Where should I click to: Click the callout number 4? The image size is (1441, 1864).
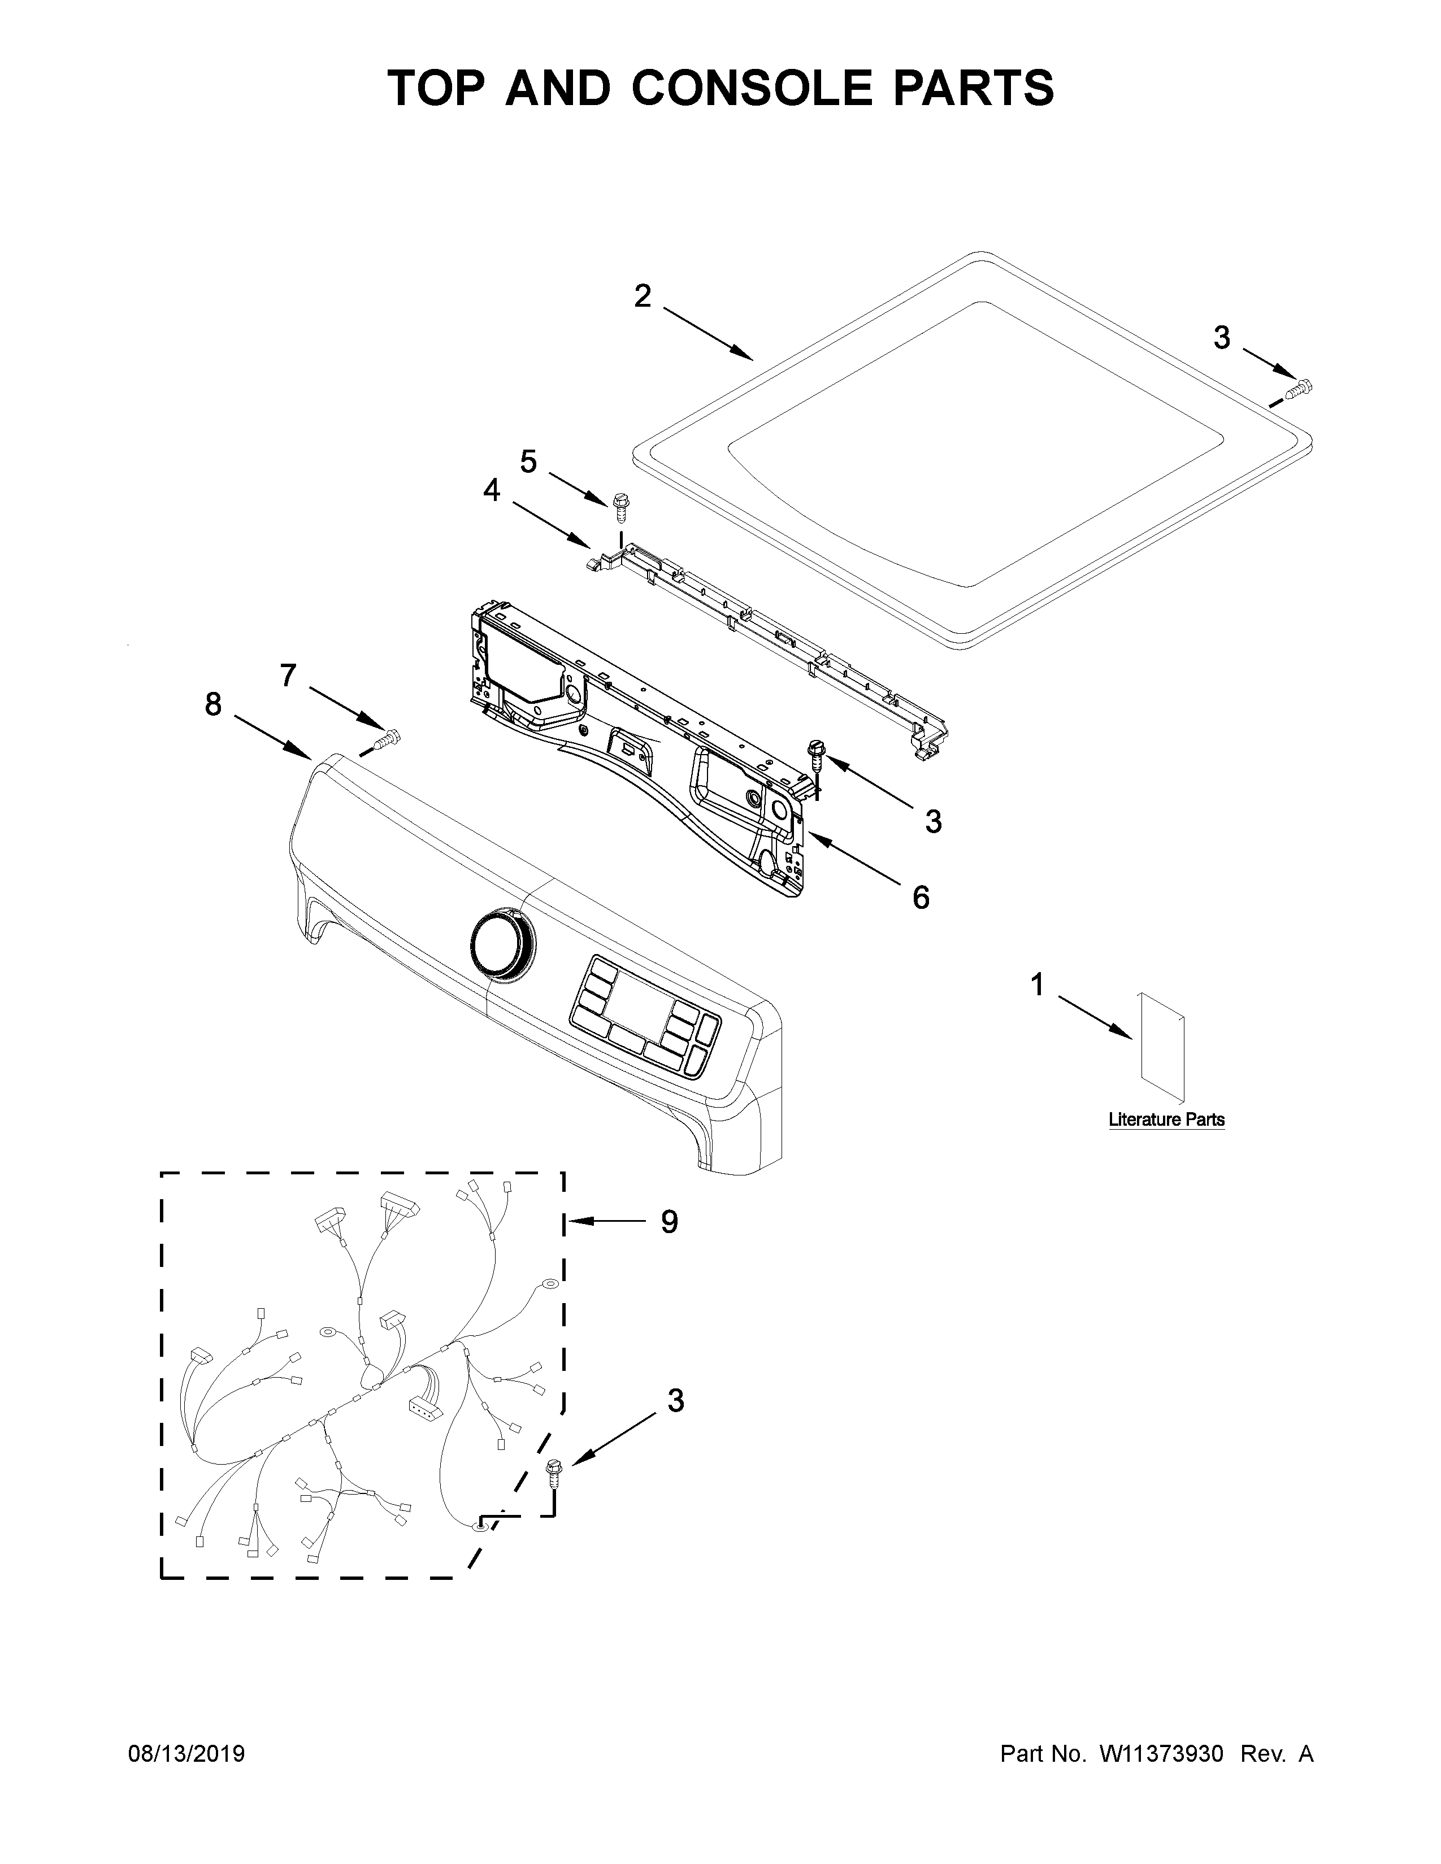492,490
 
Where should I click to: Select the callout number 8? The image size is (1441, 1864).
212,704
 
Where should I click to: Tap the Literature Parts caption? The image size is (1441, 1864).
1166,1120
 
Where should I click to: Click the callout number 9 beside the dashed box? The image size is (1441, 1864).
669,1222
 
